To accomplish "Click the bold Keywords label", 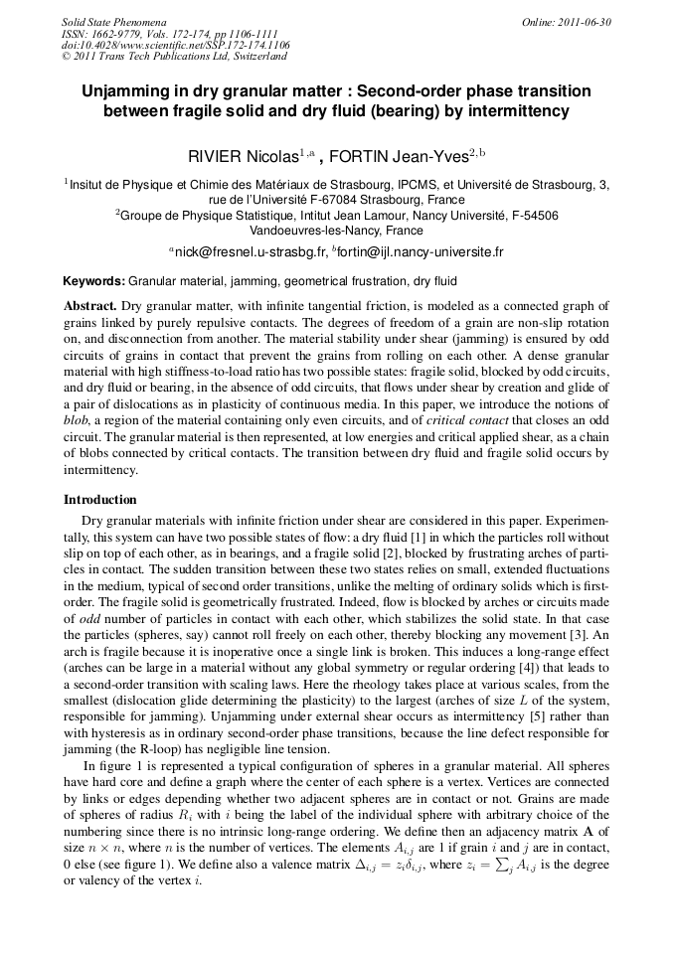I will (x=94, y=281).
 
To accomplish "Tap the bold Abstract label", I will (x=90, y=306).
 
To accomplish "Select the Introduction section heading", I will (x=100, y=500).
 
